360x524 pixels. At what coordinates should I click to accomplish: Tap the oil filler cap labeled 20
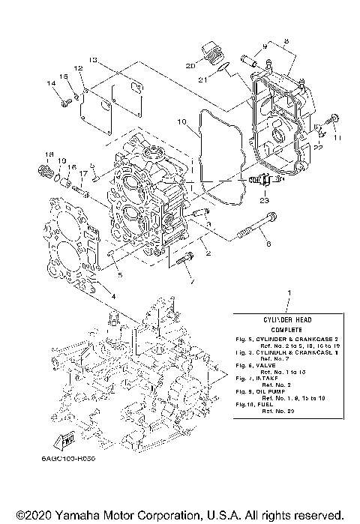click(209, 55)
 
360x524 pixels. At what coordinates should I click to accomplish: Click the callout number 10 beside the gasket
click(181, 121)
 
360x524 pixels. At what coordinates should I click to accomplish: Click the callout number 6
click(266, 243)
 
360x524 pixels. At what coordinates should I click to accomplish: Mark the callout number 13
click(91, 59)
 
